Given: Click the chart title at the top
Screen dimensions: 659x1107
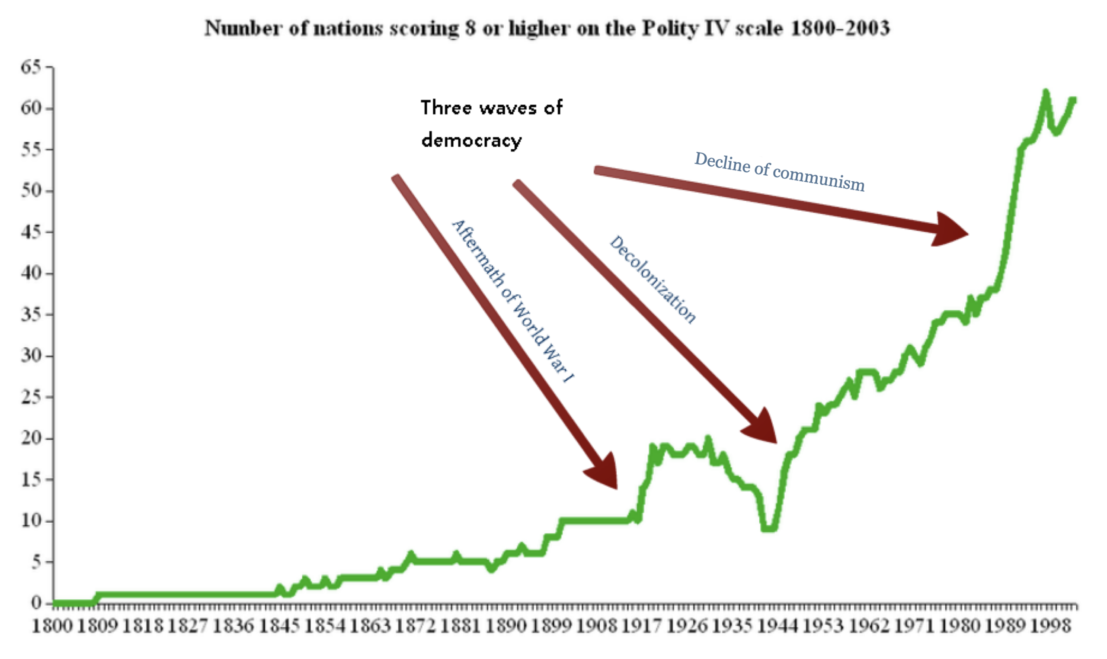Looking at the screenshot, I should [x=547, y=28].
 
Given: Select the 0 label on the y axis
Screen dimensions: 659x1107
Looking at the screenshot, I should [x=36, y=603].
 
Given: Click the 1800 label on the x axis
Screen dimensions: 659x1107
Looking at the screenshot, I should [x=52, y=626].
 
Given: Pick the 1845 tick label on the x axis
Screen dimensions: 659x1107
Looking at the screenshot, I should [x=279, y=626].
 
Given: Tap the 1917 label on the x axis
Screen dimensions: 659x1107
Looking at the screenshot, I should [x=642, y=626].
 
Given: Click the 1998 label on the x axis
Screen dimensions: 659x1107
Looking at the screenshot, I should [x=1050, y=626].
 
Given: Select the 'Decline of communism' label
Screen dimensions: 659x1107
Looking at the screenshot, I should [x=779, y=172].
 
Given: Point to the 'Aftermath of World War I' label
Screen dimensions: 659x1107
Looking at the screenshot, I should [x=512, y=301].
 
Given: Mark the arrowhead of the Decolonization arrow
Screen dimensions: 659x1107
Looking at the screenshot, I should [x=762, y=427].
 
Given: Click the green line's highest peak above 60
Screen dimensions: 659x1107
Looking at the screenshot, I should [x=1045, y=92].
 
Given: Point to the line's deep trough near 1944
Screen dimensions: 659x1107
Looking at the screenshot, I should [x=768, y=529].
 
